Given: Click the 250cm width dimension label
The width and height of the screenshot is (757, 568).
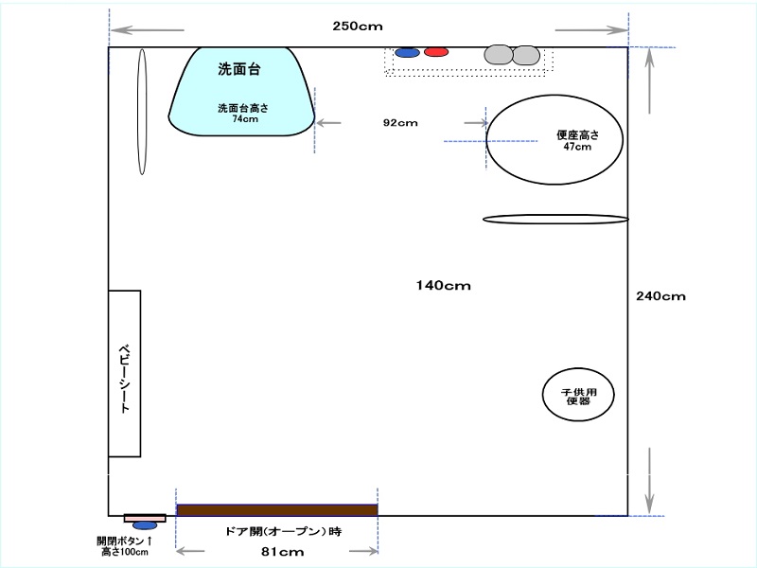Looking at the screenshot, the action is click(x=358, y=27).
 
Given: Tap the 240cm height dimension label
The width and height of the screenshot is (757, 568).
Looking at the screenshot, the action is click(x=660, y=296).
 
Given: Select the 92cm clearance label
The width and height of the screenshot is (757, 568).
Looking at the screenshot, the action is click(x=400, y=123).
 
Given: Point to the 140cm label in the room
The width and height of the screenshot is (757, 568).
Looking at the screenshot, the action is click(x=443, y=286).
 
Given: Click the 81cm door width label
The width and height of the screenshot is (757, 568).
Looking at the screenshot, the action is click(x=282, y=552).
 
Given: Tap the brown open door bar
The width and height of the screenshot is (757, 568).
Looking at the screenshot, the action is click(x=277, y=510).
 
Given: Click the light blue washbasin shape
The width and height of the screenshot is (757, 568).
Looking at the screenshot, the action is click(x=241, y=91).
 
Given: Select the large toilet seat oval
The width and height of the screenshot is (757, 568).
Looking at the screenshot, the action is click(x=555, y=139).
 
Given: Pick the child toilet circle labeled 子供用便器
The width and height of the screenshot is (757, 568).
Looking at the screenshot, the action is click(x=578, y=395).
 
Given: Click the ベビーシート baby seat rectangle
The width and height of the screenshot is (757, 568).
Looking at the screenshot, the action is click(x=125, y=373).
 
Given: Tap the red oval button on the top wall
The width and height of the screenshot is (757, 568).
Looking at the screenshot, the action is click(x=436, y=52).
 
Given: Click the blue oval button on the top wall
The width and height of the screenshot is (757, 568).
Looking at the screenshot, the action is click(x=407, y=52).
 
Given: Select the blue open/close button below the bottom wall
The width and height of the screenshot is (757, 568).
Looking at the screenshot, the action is click(x=145, y=525).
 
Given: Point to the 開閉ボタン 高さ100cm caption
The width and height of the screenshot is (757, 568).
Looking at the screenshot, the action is click(x=125, y=546).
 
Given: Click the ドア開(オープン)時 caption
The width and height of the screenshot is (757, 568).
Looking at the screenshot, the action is click(x=283, y=532).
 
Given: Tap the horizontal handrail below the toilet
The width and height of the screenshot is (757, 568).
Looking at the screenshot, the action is click(x=555, y=220).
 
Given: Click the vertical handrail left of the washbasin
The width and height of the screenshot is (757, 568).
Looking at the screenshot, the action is click(x=142, y=112).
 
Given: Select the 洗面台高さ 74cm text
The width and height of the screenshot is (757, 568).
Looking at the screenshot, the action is click(x=243, y=114).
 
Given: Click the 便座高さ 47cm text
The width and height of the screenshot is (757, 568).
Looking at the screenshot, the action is click(x=578, y=140).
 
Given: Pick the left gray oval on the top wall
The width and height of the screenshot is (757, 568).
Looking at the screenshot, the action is click(x=499, y=55).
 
